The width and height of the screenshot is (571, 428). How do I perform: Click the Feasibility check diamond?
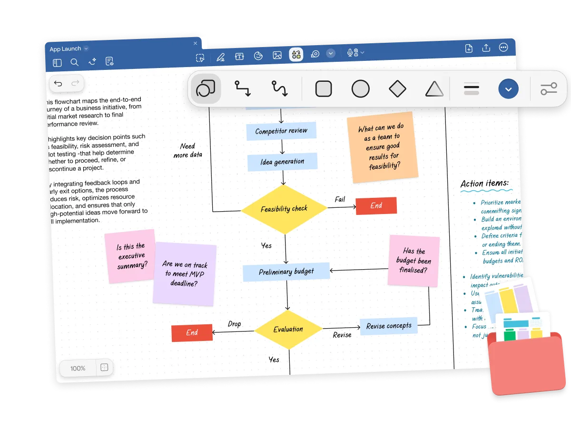(x=284, y=209)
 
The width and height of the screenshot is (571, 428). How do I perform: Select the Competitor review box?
(x=281, y=131)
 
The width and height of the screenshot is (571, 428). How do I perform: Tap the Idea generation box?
(x=282, y=162)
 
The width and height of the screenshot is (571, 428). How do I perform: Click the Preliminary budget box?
(x=286, y=272)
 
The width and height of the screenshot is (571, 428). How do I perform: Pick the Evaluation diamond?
(x=288, y=329)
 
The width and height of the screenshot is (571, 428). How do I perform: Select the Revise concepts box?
(x=389, y=326)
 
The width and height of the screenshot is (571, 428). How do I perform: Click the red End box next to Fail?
(x=376, y=205)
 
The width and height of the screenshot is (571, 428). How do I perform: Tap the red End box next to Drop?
(x=192, y=332)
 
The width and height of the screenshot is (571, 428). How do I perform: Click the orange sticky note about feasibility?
(x=383, y=147)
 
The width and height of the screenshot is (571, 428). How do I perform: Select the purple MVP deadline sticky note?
(x=184, y=273)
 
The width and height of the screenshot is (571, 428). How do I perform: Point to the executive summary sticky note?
(x=130, y=256)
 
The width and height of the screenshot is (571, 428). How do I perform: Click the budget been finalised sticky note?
(x=413, y=261)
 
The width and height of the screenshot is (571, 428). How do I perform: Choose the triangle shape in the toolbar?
(x=434, y=89)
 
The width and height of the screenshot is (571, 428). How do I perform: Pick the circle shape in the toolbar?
(x=360, y=89)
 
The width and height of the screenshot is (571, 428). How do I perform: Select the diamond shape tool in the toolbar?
(x=397, y=89)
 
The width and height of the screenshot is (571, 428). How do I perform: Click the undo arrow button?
(x=58, y=84)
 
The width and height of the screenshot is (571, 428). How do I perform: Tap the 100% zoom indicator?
(x=78, y=368)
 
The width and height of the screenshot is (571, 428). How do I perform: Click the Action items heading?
(x=484, y=184)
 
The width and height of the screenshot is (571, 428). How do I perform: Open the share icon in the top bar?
(x=486, y=48)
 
